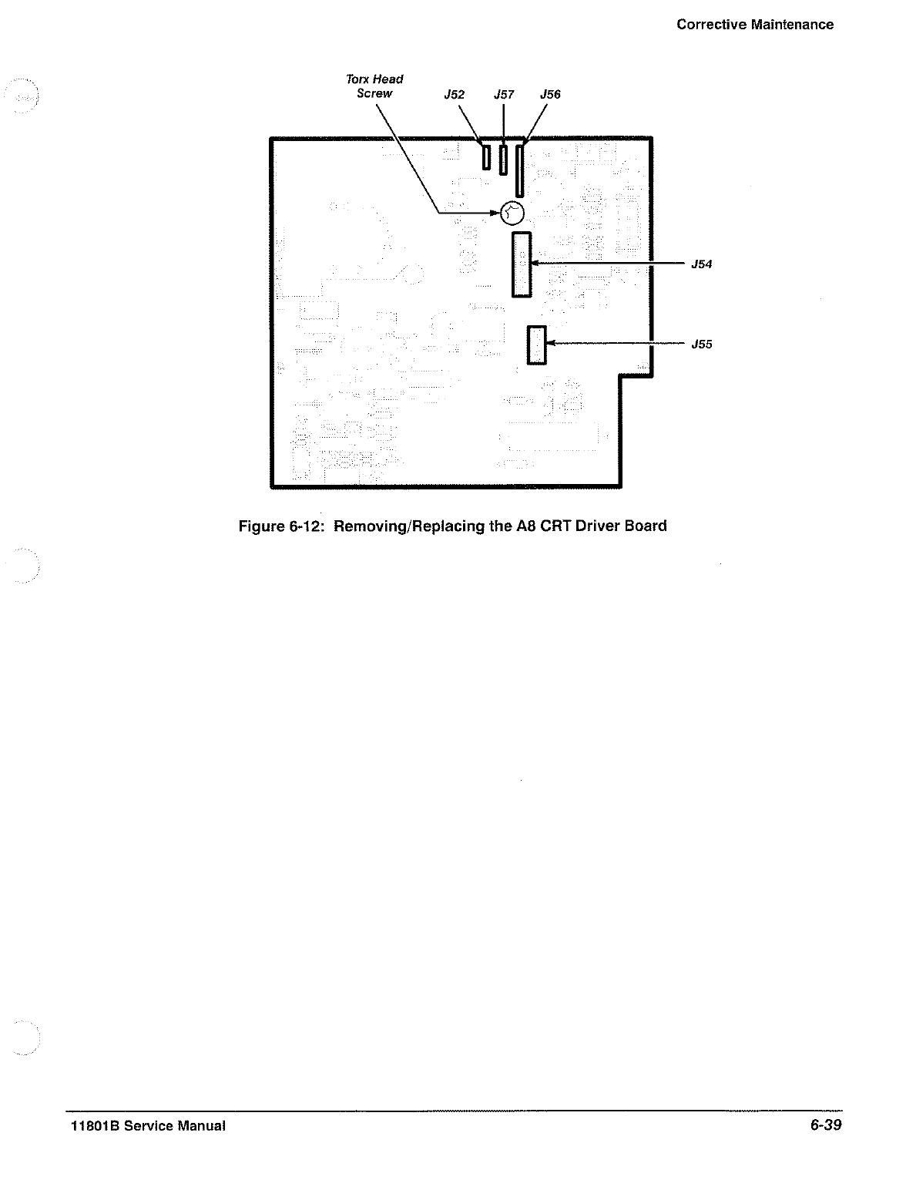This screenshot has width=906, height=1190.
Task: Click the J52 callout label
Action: point(455,95)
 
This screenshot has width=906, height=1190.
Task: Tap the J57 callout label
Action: point(504,95)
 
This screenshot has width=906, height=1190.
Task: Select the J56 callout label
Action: point(550,94)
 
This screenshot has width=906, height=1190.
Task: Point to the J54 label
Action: point(701,264)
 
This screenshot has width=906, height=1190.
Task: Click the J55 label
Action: point(701,345)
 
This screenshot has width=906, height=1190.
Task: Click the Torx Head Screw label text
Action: point(374,86)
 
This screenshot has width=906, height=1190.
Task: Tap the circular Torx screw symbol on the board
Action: point(512,213)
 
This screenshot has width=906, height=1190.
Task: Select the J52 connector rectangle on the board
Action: point(486,158)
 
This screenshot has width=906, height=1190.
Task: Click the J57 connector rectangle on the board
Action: point(503,160)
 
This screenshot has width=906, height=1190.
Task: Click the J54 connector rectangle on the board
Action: point(522,264)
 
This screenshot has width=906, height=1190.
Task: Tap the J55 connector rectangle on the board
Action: point(536,345)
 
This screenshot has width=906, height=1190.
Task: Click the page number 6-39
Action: point(825,1126)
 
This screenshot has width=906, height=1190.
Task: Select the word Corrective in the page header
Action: point(710,25)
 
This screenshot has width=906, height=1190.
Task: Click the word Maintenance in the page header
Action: point(792,25)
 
